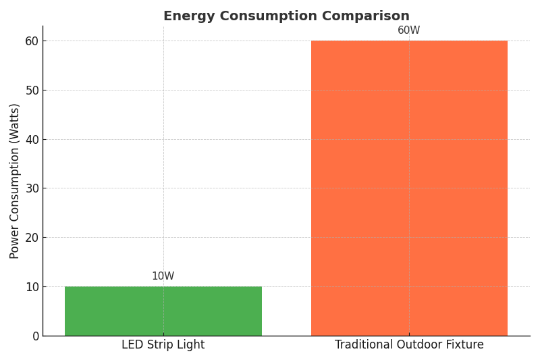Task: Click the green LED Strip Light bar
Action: (163, 311)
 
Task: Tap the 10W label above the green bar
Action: (163, 276)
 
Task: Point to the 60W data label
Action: (408, 30)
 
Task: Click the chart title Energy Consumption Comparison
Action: (286, 16)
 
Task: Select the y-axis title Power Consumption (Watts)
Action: (15, 180)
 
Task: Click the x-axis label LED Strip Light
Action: (163, 345)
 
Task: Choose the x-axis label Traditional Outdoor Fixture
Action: (408, 345)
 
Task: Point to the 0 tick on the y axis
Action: (35, 336)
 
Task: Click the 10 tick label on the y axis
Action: (32, 286)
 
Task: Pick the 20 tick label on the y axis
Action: (32, 237)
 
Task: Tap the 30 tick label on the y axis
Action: (32, 188)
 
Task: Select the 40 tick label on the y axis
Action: (32, 139)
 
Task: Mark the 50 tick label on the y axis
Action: (32, 90)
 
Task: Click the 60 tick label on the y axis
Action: (32, 41)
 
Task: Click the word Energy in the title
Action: (186, 16)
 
